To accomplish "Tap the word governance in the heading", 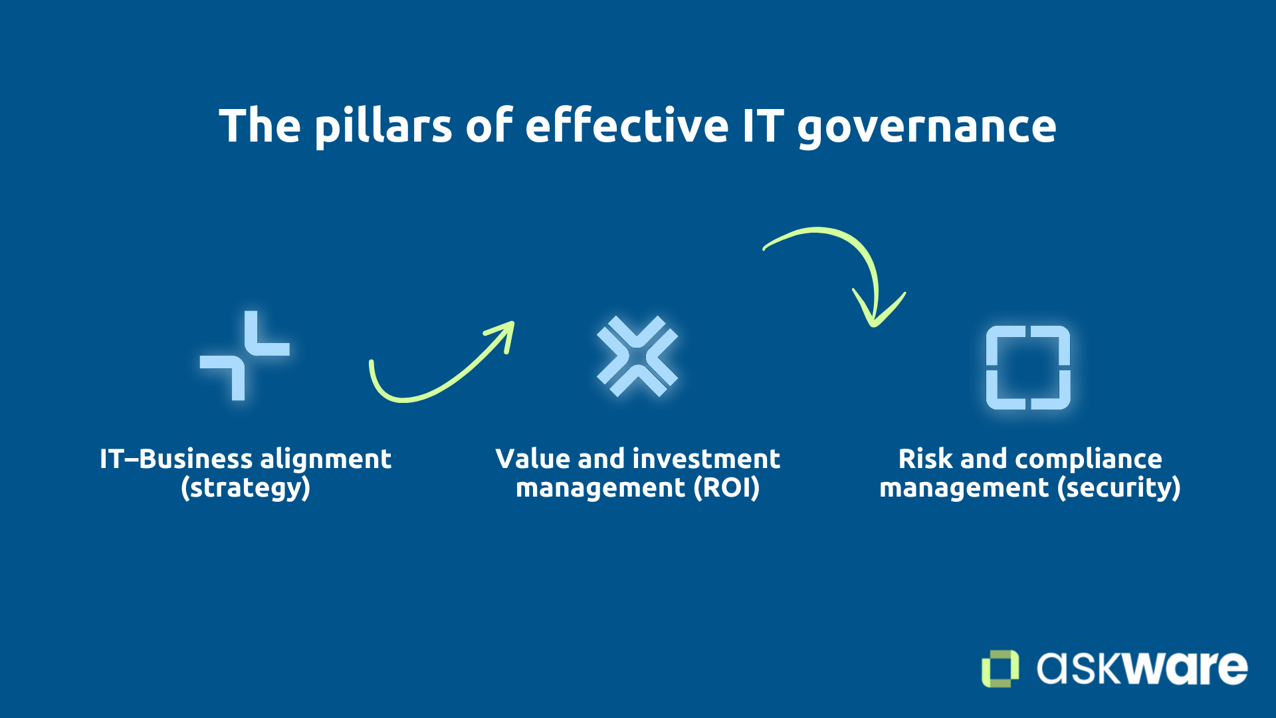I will click(926, 126).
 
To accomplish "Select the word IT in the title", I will click(762, 126).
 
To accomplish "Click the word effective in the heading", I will click(627, 126).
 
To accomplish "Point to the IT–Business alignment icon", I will click(245, 356).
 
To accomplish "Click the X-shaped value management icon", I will click(637, 356).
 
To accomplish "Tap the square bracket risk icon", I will click(1028, 367).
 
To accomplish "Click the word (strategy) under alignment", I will click(245, 488).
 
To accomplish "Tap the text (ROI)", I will click(726, 488).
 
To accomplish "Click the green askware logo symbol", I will click(1000, 668).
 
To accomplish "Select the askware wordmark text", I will click(1142, 668).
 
